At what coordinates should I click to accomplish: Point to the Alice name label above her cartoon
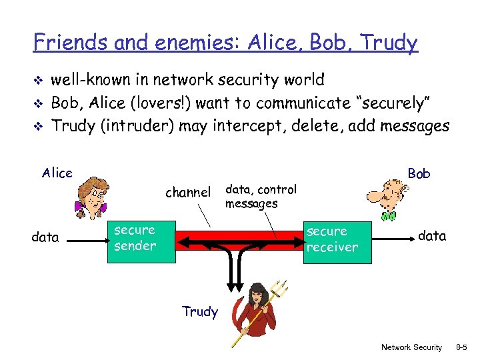pos(57,173)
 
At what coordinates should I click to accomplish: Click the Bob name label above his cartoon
pos(419,173)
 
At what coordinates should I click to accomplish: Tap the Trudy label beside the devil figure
pos(200,311)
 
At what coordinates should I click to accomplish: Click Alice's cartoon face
pos(93,194)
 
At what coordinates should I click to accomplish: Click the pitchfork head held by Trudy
pos(281,289)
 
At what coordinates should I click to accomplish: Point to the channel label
pos(187,193)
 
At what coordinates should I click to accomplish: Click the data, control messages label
pos(261,197)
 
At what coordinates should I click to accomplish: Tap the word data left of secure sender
pos(45,237)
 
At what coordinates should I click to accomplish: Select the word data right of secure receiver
pos(432,235)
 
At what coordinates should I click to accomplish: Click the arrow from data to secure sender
pos(83,237)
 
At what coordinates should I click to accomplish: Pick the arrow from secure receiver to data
pos(393,239)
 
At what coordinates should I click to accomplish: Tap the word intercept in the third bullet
pos(243,126)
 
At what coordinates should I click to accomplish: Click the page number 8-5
pos(465,347)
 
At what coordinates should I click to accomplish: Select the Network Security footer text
pos(411,347)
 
